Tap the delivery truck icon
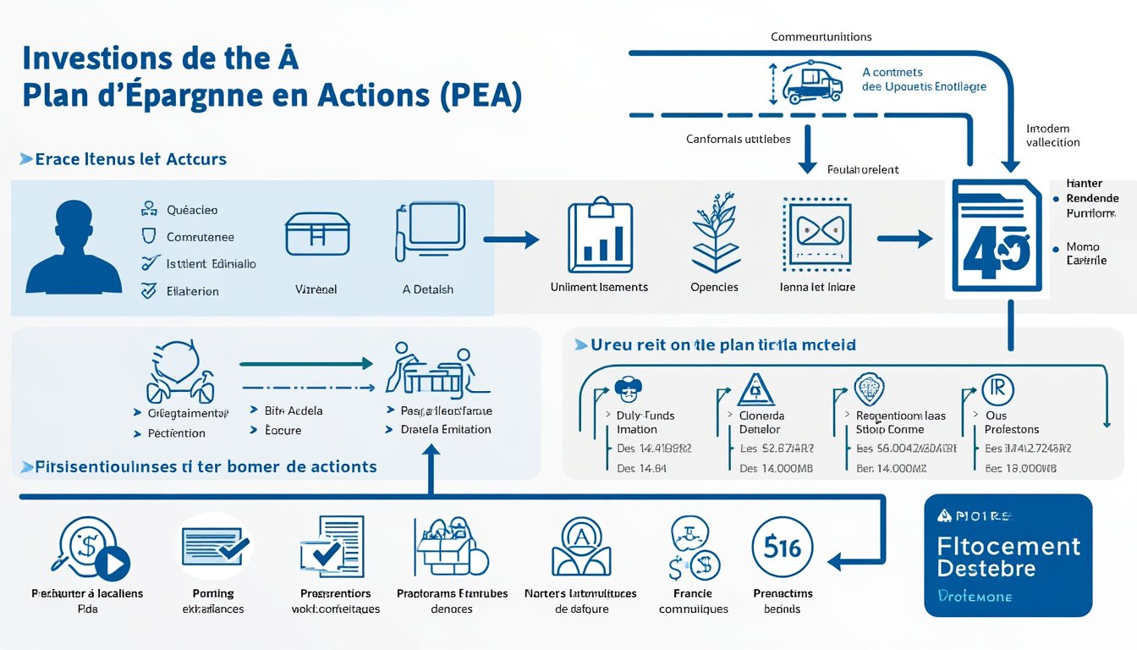812,82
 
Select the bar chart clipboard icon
598,234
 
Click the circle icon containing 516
782,548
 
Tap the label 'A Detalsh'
427,289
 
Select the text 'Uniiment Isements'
599,287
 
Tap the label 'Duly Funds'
640,416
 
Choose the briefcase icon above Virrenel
316,233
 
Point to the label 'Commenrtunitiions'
821,37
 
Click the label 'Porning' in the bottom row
213,593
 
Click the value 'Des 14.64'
642,468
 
